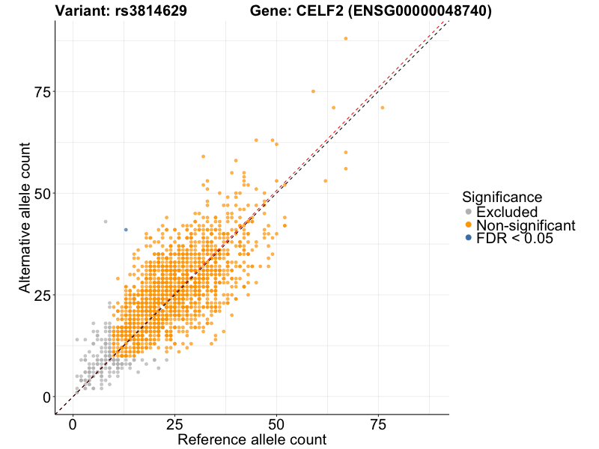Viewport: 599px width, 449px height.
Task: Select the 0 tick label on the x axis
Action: [x=73, y=424]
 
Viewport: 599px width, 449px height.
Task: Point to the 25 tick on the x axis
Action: [x=174, y=424]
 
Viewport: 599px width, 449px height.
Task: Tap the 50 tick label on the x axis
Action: [x=276, y=424]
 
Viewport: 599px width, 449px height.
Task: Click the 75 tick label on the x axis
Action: [x=378, y=424]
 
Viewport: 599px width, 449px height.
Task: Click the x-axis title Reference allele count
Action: [x=252, y=439]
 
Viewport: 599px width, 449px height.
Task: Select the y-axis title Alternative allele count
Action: [x=25, y=217]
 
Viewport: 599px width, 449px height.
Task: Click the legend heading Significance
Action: [x=502, y=198]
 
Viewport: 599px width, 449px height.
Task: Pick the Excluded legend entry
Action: [x=507, y=212]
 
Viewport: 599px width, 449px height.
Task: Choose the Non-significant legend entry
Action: [x=526, y=225]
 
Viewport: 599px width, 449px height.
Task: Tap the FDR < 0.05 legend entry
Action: [x=514, y=238]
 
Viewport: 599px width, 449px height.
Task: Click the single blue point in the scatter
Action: [x=126, y=230]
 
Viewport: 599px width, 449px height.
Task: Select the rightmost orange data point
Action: [x=382, y=108]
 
